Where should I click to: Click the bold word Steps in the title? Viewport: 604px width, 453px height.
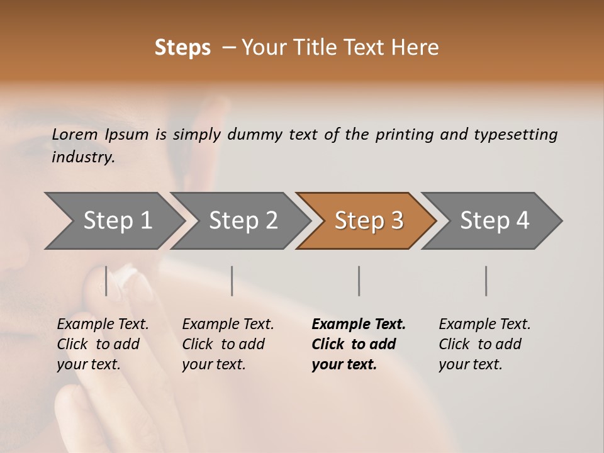point(182,48)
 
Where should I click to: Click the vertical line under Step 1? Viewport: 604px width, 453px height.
point(106,281)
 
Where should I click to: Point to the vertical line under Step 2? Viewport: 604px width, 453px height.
point(232,281)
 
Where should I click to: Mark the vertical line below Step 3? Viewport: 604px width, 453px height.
point(359,281)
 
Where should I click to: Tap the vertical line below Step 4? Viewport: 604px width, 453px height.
point(486,281)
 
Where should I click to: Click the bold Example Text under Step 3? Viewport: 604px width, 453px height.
point(359,324)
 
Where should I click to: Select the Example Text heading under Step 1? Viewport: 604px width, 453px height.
point(103,324)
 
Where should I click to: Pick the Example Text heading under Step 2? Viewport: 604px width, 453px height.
point(228,324)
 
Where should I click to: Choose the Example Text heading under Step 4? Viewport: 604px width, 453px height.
point(484,324)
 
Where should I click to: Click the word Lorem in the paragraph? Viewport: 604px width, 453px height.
point(75,134)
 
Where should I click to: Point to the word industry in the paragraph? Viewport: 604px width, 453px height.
point(83,157)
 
